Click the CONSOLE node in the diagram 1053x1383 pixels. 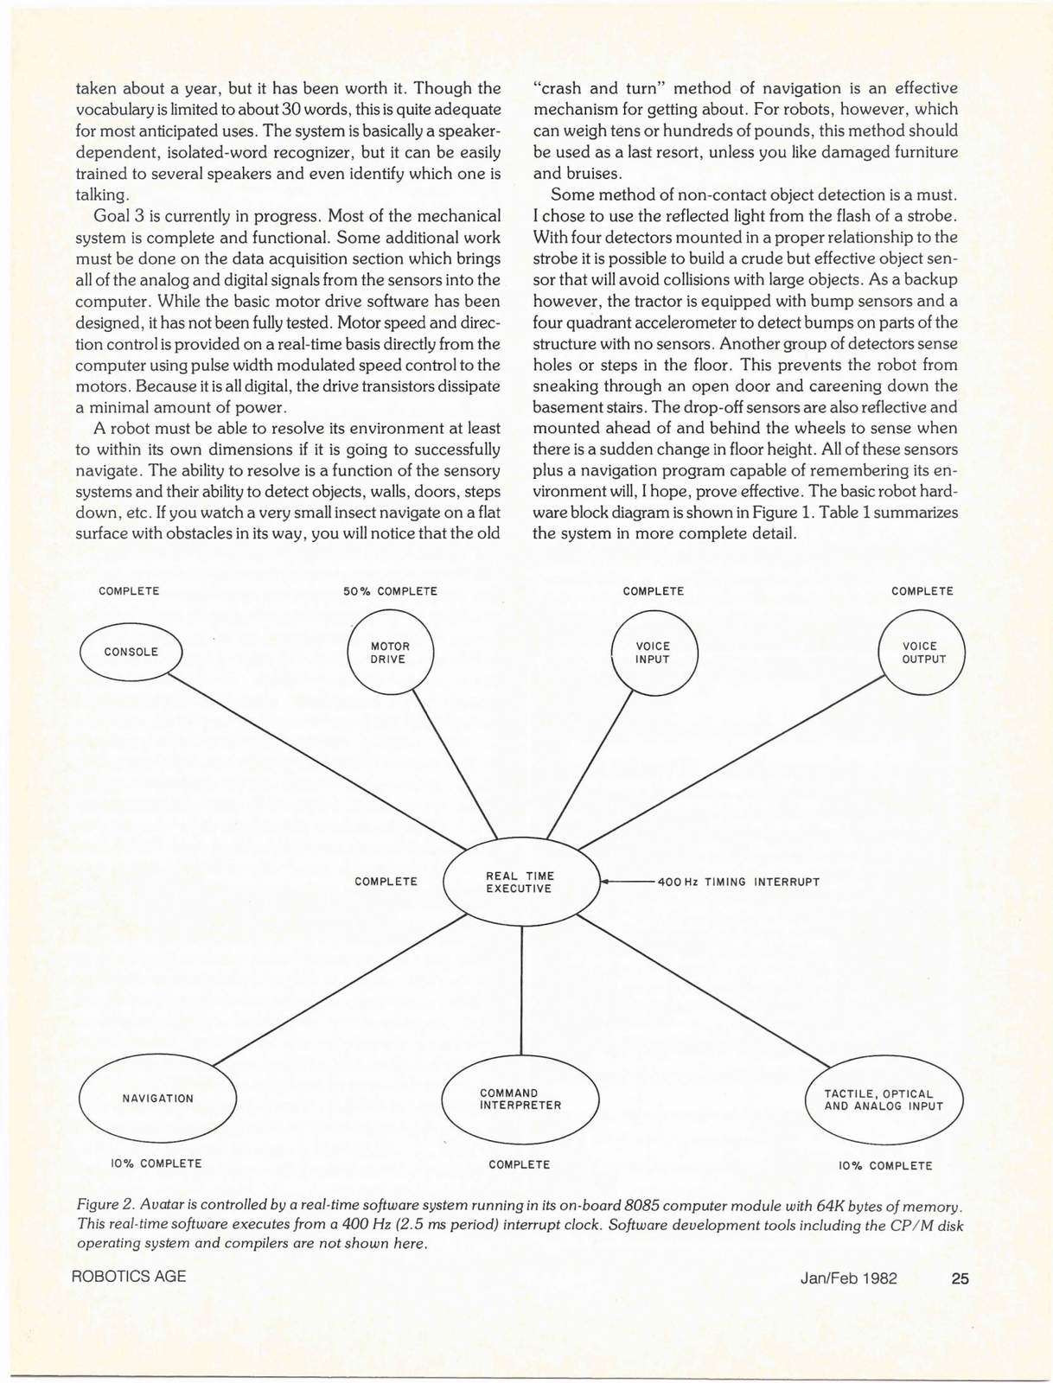[131, 652]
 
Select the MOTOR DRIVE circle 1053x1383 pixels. [390, 653]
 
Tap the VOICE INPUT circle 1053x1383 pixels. [654, 653]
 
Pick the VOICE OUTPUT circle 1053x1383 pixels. [922, 653]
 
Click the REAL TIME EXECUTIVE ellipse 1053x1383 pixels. [520, 883]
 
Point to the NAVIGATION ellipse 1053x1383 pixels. [157, 1099]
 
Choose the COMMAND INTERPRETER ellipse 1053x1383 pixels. [520, 1099]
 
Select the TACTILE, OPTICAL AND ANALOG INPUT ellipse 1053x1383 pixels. [884, 1099]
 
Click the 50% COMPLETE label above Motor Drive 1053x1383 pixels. [390, 591]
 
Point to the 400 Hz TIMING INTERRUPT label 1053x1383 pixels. [738, 883]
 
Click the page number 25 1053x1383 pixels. [960, 1278]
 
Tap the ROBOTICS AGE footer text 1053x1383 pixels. [130, 1277]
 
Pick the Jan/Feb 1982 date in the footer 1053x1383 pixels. [848, 1278]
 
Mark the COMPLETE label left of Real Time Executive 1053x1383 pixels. [386, 882]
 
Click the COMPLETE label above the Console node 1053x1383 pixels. [129, 591]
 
